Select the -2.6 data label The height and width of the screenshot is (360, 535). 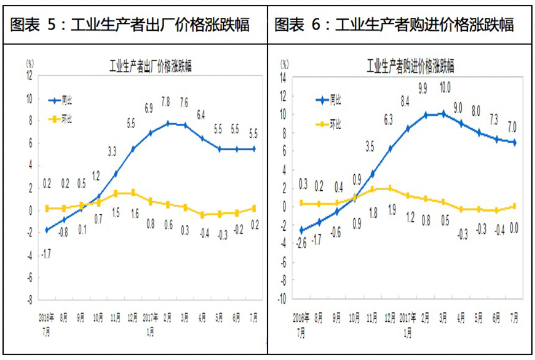(x=301, y=242)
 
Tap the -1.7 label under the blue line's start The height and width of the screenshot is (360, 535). (x=46, y=252)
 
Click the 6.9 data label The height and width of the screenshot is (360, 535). (x=148, y=108)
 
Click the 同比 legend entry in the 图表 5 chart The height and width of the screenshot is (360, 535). (x=67, y=101)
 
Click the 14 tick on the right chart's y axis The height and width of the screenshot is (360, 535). (x=283, y=78)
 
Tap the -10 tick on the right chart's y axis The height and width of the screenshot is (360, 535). (x=282, y=300)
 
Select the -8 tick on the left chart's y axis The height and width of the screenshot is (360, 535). (x=28, y=300)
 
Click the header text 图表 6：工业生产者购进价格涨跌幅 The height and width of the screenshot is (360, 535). (x=394, y=25)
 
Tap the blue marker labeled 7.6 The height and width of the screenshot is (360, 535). (x=184, y=125)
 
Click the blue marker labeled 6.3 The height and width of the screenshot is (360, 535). (x=389, y=148)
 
